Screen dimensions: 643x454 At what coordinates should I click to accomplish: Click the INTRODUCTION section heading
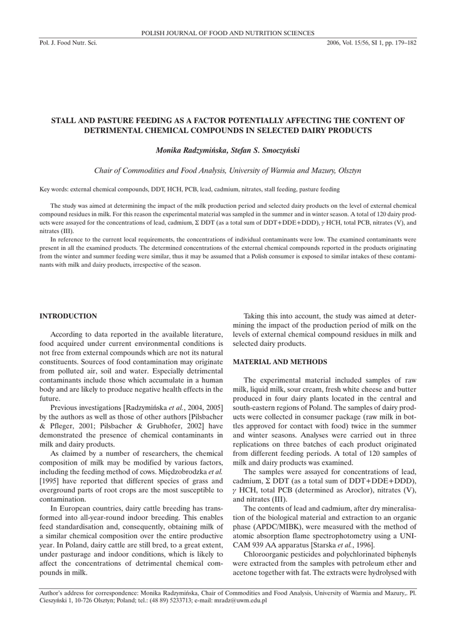68,316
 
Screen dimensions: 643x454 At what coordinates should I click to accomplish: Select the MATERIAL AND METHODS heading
280,362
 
